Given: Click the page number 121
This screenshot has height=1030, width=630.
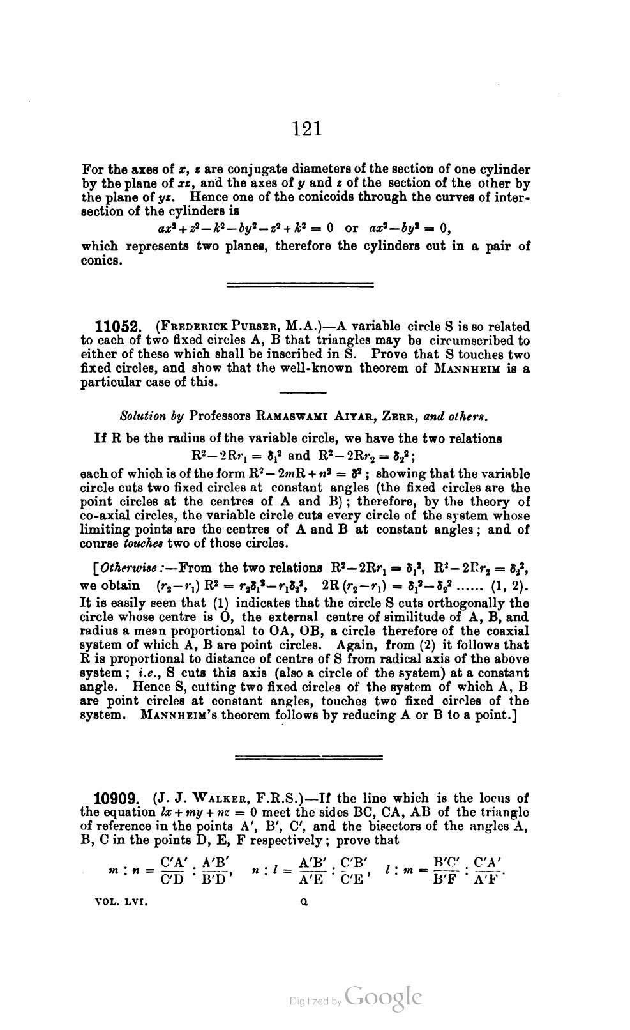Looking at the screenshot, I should pos(307,130).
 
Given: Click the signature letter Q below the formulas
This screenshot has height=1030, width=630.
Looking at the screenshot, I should pos(303,904).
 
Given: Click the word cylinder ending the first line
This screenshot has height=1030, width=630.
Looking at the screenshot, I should pos(507,170).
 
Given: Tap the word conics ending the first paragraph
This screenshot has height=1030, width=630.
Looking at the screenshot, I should pos(100,261).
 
